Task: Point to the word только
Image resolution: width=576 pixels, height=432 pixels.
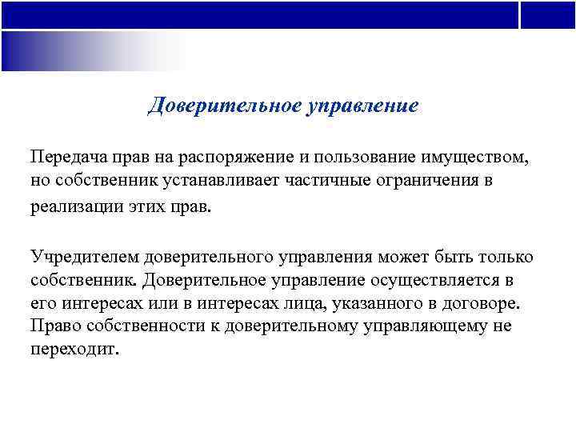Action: pos(504,258)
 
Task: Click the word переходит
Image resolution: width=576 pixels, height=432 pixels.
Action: pos(74,350)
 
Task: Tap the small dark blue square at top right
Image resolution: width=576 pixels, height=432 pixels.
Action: pos(548,14)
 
